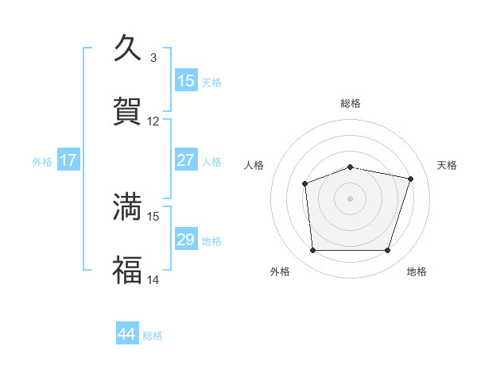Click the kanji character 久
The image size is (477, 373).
tap(127, 48)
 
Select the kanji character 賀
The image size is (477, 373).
tap(127, 110)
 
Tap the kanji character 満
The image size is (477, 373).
tap(127, 206)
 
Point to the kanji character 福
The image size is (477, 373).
tap(127, 269)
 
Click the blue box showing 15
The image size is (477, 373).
tap(186, 81)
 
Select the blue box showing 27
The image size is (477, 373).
tap(186, 160)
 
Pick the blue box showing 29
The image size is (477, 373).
tap(186, 240)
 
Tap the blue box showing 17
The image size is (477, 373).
tap(68, 160)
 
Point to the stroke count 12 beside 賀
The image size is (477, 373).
tap(153, 121)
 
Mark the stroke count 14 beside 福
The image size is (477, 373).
tap(153, 279)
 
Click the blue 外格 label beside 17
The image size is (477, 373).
tap(42, 161)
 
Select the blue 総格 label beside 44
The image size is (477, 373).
tap(153, 336)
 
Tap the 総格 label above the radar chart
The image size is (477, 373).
tap(351, 103)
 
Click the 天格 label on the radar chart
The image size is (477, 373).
tap(447, 165)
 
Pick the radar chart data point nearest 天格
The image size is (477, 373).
tap(410, 179)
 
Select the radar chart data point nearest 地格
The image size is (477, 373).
tap(387, 251)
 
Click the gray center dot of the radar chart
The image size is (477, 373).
tap(350, 198)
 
